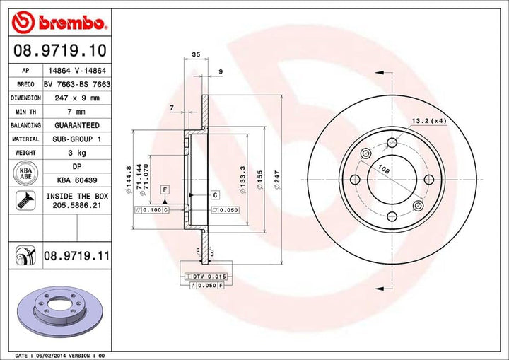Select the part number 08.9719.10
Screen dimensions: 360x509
(59, 50)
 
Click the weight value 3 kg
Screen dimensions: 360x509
(76, 152)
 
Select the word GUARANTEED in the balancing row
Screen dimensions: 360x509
(76, 124)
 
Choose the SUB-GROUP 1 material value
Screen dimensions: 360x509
(76, 139)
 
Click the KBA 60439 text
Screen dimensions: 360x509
(76, 179)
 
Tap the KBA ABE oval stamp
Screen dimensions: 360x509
(25, 174)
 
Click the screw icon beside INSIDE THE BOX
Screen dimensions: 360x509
(25, 202)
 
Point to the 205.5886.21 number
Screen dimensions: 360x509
(76, 206)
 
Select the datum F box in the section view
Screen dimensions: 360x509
(165, 190)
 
